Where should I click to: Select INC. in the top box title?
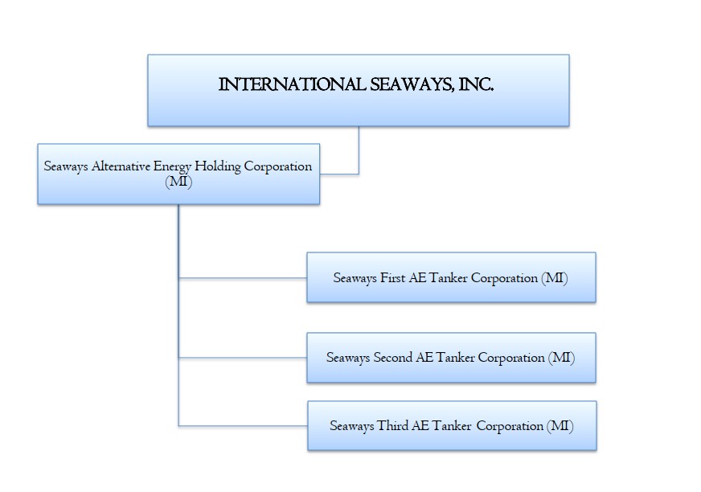[474, 84]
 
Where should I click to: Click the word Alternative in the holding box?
[120, 166]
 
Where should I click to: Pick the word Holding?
[223, 166]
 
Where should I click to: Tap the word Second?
[393, 358]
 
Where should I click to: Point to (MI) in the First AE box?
[555, 277]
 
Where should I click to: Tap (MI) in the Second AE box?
[561, 358]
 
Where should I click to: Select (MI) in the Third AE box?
[560, 426]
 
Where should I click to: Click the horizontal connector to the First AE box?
[242, 278]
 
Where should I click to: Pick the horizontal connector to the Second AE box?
[242, 358]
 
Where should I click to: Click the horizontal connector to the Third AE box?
[242, 425]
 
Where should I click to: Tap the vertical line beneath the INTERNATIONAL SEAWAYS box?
[359, 150]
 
